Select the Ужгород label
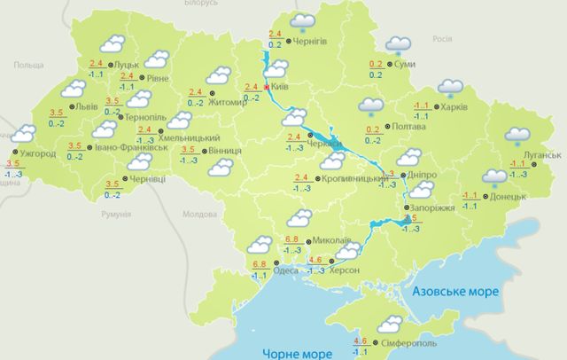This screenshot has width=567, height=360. click(36, 153)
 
